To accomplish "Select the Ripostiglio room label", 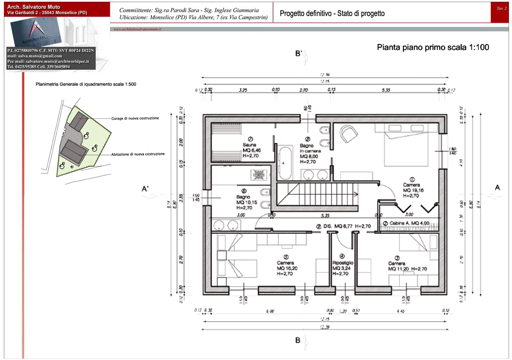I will [x=343, y=268].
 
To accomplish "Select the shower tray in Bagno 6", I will [x=259, y=175].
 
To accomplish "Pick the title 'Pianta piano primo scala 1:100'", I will [x=433, y=47].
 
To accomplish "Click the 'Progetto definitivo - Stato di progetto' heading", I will [x=332, y=14].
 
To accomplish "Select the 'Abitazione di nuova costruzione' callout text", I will [x=138, y=154].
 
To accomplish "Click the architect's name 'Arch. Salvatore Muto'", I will [x=34, y=7].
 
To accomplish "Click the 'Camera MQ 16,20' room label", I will [x=285, y=268].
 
